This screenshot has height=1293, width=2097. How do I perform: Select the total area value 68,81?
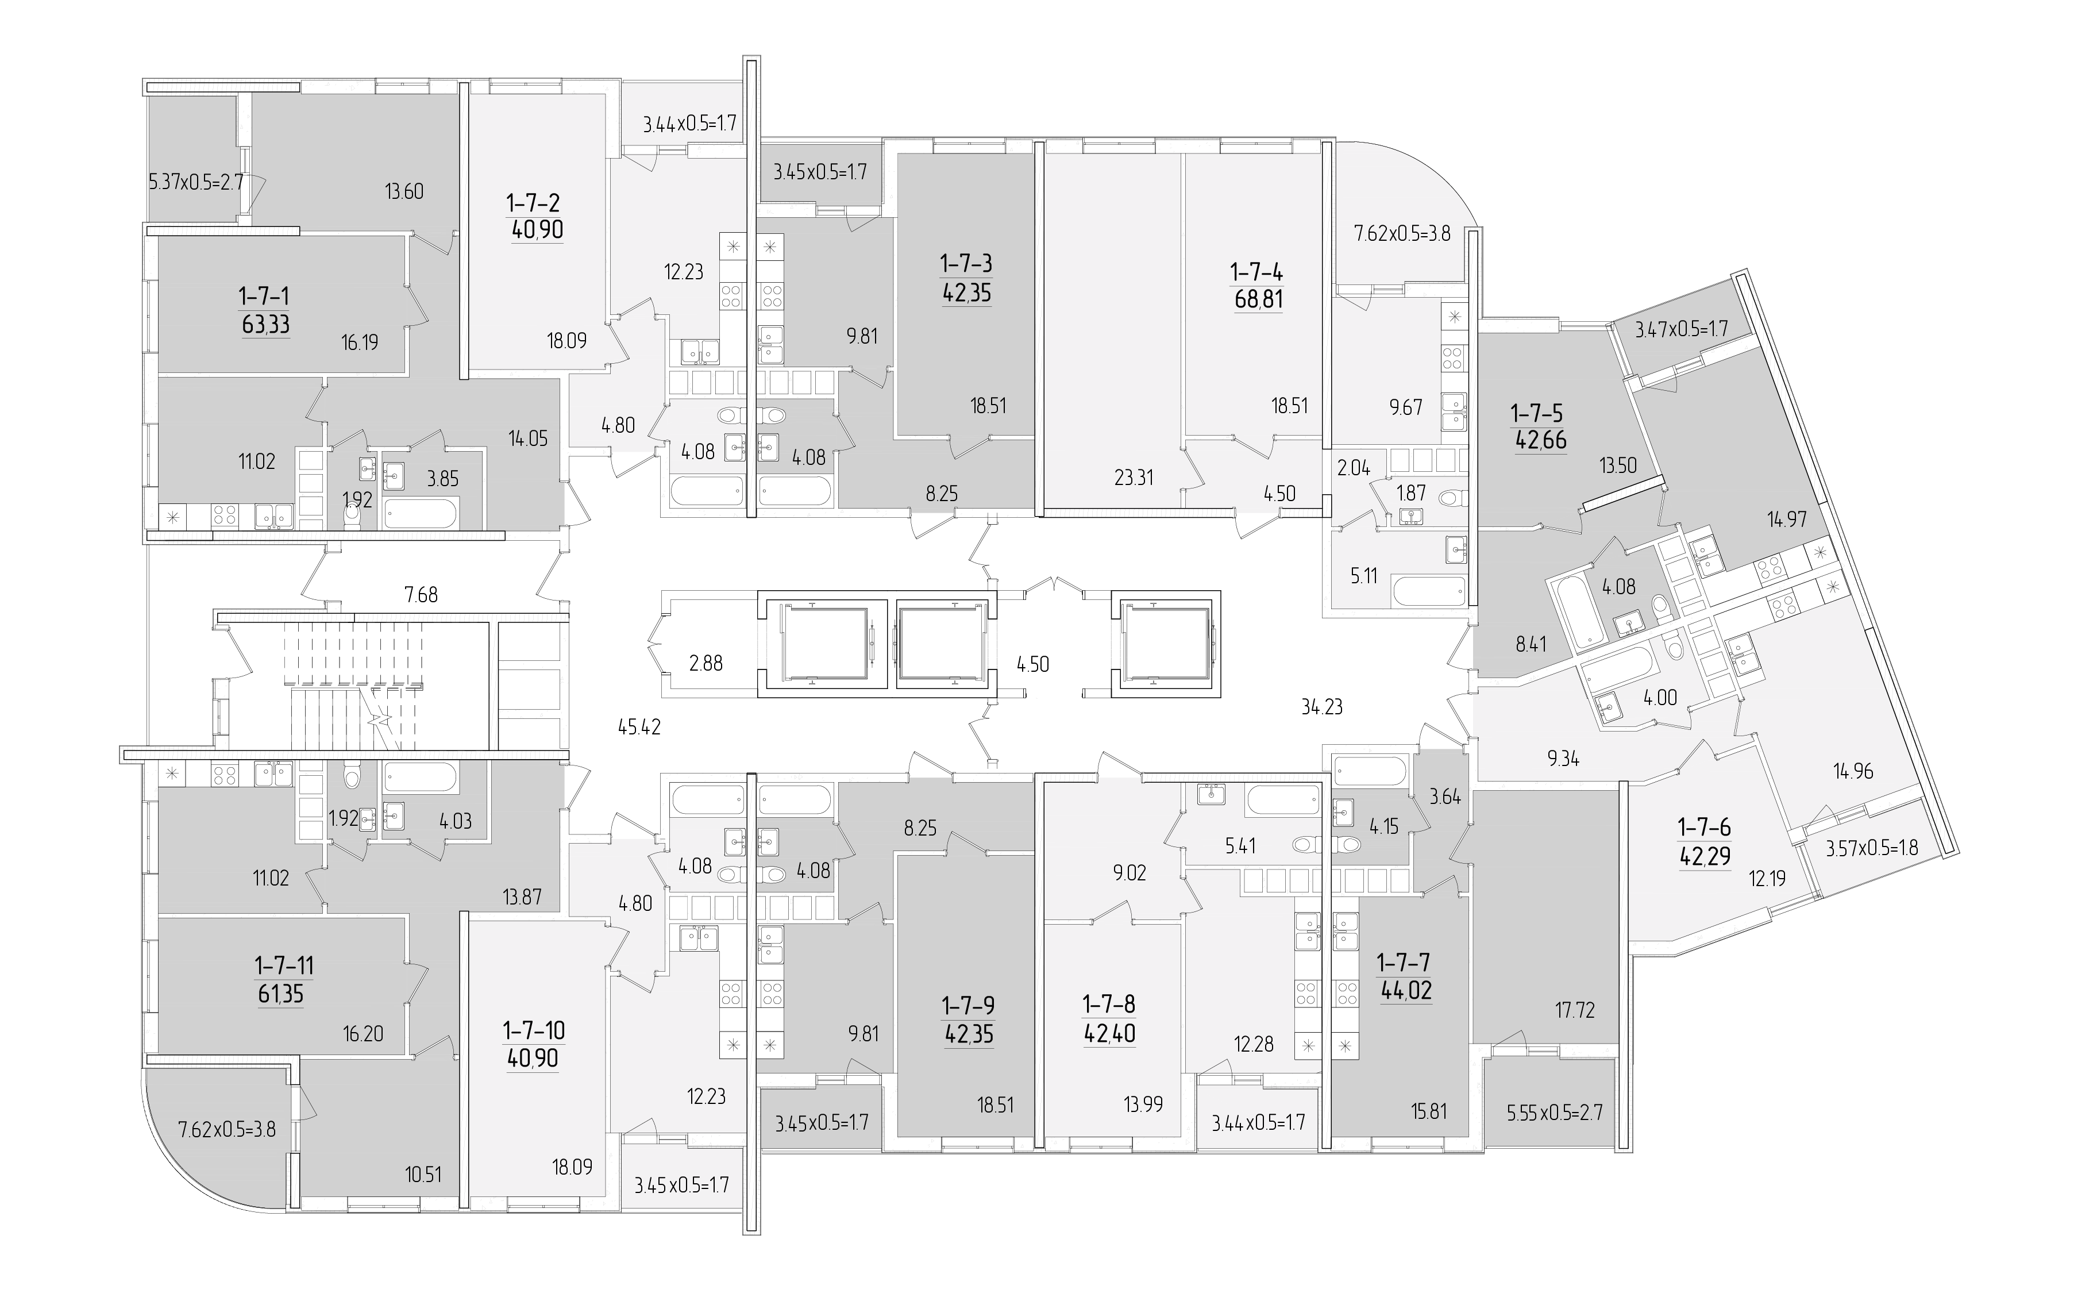tap(1258, 299)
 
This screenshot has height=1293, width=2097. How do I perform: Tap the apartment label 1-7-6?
tap(1704, 827)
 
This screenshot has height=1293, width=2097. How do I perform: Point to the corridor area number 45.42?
tap(639, 728)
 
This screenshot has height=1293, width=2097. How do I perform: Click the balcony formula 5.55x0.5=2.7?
tap(1554, 1113)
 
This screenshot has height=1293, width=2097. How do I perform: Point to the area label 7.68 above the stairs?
tap(422, 594)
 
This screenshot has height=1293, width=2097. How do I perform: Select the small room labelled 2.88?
tap(706, 663)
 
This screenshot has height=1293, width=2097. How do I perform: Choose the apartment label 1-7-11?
tap(284, 965)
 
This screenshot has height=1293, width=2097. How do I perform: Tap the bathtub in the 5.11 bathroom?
tap(1428, 590)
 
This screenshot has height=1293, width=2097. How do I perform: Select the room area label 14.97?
tap(1787, 518)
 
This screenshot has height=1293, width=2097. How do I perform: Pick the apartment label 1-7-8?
tap(1109, 1003)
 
